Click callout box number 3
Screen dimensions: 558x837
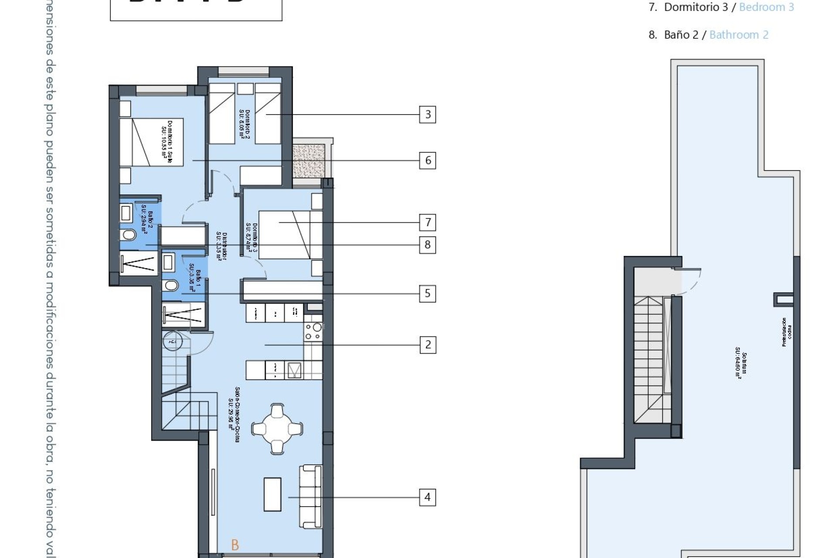click(427, 114)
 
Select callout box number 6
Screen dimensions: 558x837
click(427, 160)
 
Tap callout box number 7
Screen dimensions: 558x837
click(427, 222)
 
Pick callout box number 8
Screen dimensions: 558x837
click(427, 245)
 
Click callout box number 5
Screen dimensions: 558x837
click(427, 293)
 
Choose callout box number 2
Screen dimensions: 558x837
click(427, 344)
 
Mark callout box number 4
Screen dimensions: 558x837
click(427, 497)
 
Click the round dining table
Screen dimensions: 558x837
click(277, 429)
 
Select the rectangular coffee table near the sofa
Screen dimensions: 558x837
click(272, 494)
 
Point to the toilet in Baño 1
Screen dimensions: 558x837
click(171, 286)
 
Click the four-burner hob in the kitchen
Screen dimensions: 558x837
click(313, 331)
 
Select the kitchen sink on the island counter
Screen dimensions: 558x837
click(294, 371)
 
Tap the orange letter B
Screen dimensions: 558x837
click(235, 545)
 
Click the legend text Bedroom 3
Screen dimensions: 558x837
click(766, 7)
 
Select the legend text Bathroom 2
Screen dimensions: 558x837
click(738, 35)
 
